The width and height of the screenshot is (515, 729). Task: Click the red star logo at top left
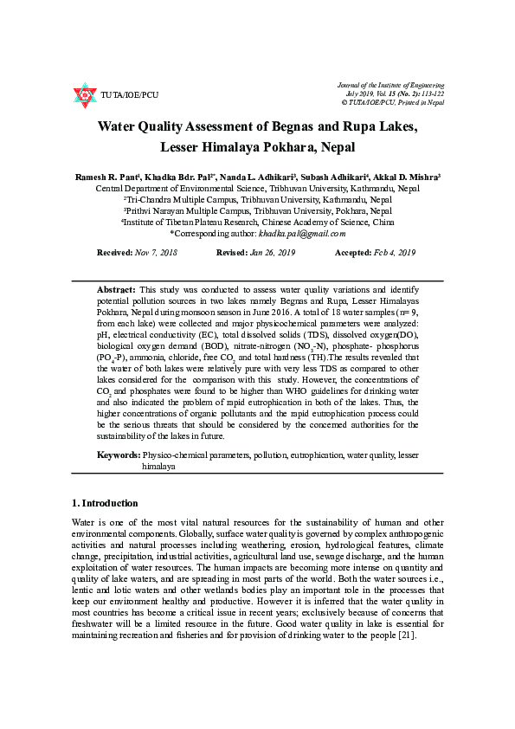[x=84, y=94]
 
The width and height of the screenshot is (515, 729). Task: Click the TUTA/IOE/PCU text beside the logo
[x=130, y=94]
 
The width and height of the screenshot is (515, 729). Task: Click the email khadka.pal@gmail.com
[x=302, y=233]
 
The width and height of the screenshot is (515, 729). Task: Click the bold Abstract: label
[x=115, y=288]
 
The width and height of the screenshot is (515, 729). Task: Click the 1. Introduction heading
[x=104, y=503]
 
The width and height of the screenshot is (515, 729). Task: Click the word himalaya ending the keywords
[x=159, y=466]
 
